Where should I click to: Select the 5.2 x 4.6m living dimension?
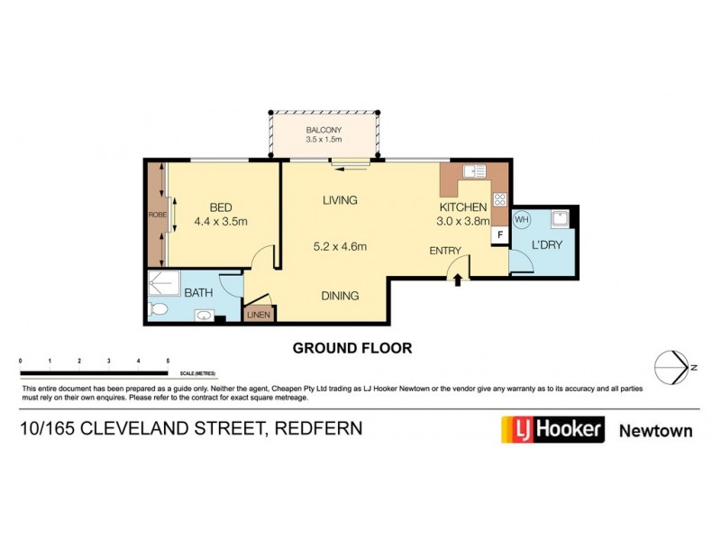click(x=339, y=247)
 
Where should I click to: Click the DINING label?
click(x=341, y=295)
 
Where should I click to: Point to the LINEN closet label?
click(x=259, y=315)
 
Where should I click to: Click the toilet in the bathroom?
click(x=158, y=310)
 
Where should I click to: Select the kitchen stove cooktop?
click(x=499, y=200)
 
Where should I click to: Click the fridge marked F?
click(x=496, y=234)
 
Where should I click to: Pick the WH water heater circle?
click(x=521, y=219)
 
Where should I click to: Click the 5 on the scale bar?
click(x=168, y=361)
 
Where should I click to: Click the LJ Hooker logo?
click(x=552, y=429)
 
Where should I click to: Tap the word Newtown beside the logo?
click(x=655, y=430)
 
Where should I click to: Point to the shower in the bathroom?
click(x=163, y=285)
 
